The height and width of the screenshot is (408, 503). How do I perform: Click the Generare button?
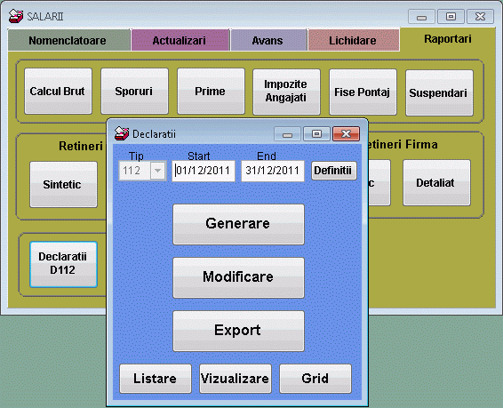coord(238,223)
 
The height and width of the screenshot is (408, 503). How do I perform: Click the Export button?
coord(238,331)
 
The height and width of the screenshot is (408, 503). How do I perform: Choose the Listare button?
coord(155,379)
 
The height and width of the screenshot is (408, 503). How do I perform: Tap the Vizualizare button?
coord(235,379)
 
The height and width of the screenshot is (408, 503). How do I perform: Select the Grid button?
coord(315,379)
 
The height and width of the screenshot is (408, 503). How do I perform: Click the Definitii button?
coord(333,170)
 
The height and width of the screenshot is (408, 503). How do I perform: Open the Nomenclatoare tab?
coord(68,41)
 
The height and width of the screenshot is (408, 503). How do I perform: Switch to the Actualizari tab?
coord(179,41)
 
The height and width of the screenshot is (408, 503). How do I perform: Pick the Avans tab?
coord(268,41)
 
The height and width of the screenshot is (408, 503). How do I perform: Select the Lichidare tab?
coord(352,41)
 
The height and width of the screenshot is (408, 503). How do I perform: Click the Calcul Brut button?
coord(58,92)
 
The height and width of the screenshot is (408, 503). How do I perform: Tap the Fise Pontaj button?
coord(363,92)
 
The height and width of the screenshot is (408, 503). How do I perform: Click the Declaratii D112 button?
coord(62,263)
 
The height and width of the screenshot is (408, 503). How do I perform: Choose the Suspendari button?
coord(439,92)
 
